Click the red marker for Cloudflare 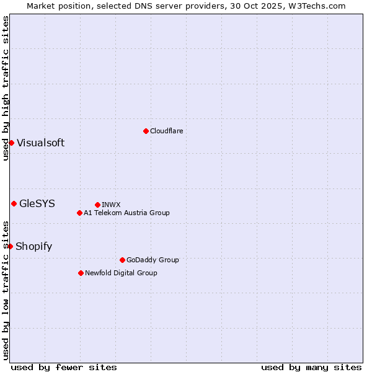(146, 131)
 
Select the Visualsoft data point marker (11, 143)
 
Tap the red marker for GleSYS (14, 203)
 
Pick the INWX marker (97, 205)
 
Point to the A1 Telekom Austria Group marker (79, 213)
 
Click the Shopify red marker (10, 246)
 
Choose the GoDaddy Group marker (122, 260)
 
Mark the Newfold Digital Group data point (81, 273)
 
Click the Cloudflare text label (166, 131)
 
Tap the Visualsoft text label (40, 143)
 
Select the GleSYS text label (37, 203)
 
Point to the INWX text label (111, 205)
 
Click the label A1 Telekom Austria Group (126, 213)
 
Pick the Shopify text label (33, 247)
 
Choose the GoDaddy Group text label (152, 260)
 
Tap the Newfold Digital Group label (121, 273)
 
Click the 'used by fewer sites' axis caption (64, 367)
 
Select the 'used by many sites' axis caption (311, 367)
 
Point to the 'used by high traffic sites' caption (6, 88)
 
